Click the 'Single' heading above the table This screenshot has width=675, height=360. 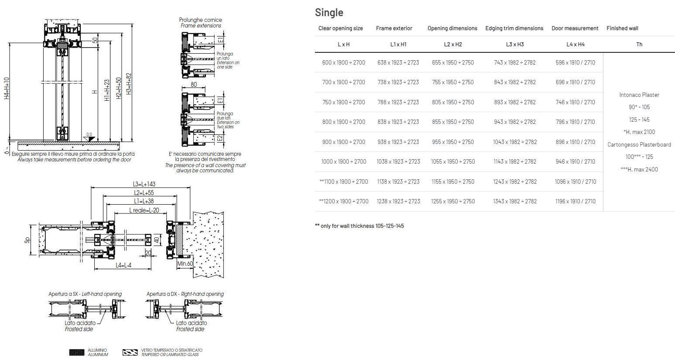329,13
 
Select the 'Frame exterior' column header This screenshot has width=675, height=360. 394,28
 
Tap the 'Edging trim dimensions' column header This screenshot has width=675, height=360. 514,28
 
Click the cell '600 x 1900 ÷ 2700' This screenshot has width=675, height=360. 343,62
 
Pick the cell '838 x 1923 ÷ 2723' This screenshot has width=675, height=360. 398,122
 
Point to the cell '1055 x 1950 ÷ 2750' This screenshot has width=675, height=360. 452,161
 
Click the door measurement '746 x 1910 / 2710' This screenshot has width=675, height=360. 575,102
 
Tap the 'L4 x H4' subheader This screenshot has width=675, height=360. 575,44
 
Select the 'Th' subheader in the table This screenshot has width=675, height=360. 639,44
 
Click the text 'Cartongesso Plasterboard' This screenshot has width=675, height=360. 639,144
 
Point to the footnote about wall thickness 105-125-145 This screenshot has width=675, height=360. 359,226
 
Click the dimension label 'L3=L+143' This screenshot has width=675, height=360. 144,184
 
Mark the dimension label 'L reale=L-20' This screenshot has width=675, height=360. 144,210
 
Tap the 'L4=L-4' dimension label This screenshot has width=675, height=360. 123,265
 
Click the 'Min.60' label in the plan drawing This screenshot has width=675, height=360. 185,264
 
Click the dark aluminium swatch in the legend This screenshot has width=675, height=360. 77,352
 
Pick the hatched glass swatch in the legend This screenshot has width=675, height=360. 130,352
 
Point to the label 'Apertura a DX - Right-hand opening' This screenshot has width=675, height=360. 185,294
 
